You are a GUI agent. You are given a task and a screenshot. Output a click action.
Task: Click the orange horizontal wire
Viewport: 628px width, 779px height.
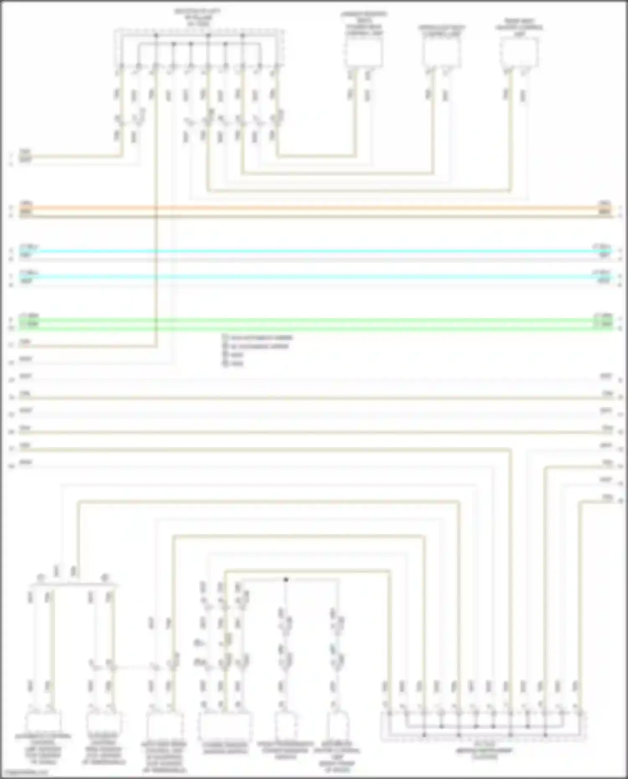(314, 208)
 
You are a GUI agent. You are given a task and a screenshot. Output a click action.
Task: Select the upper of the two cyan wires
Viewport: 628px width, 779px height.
(314, 251)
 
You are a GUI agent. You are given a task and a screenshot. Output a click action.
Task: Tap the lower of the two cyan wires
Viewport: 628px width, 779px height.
(314, 277)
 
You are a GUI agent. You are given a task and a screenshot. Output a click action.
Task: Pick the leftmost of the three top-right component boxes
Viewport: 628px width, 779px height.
(363, 53)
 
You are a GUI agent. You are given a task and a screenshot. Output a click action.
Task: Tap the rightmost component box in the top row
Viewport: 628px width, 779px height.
(519, 52)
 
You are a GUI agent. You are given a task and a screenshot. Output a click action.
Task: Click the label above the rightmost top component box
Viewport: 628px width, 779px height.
(519, 27)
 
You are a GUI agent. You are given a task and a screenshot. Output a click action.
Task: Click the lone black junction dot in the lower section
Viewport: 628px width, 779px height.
(286, 580)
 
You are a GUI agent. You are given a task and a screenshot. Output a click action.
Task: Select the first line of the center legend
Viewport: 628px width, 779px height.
(258, 337)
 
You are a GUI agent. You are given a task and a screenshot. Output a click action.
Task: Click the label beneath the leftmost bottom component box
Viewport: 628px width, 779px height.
(43, 749)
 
